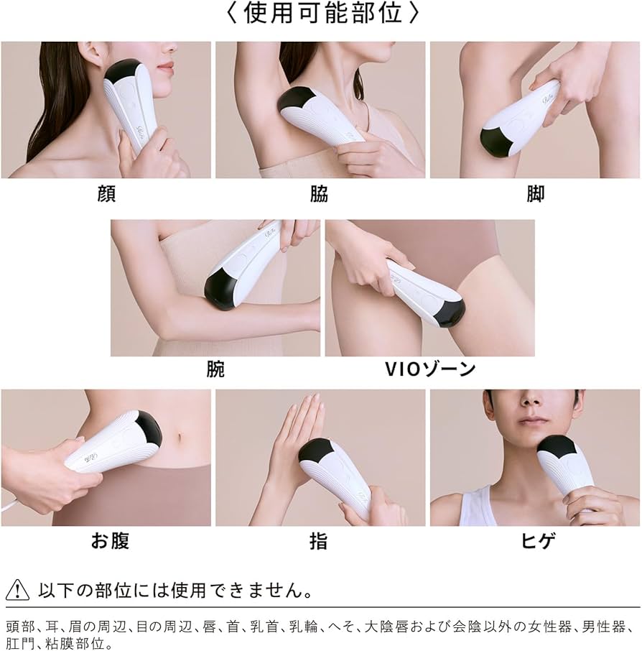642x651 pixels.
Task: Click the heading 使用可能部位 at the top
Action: [x=322, y=13]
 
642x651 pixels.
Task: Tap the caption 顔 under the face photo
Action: [x=106, y=193]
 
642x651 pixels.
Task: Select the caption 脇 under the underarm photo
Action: [x=319, y=193]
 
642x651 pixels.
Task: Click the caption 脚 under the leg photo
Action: [x=535, y=193]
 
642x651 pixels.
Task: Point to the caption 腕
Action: [x=215, y=369]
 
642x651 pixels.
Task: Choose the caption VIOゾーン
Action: [x=430, y=369]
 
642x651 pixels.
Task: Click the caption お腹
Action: [x=110, y=541]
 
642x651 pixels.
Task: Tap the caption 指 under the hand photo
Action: [x=318, y=541]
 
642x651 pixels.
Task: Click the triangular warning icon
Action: [x=17, y=590]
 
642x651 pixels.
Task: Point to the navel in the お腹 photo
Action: [x=180, y=438]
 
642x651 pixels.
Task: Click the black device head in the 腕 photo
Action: [x=220, y=286]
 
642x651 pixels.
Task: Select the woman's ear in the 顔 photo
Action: [x=96, y=63]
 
